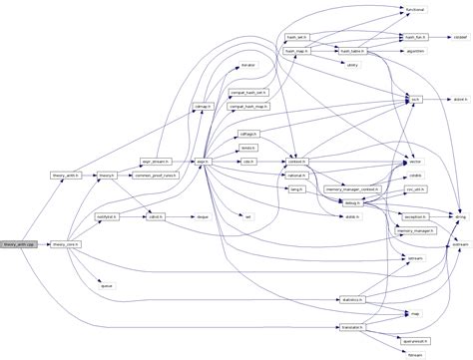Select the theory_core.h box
[x=66, y=243]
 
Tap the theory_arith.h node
[x=66, y=175]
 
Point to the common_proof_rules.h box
[x=157, y=175]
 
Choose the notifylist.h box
[x=106, y=215]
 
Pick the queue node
[x=106, y=284]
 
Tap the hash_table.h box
[x=350, y=50]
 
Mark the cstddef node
[x=461, y=35]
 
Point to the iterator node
[x=248, y=65]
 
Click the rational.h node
[x=296, y=175]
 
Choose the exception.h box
[x=414, y=215]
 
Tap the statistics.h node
[x=350, y=298]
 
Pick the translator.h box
[x=350, y=326]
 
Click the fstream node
[x=416, y=353]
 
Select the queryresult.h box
[x=416, y=339]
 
